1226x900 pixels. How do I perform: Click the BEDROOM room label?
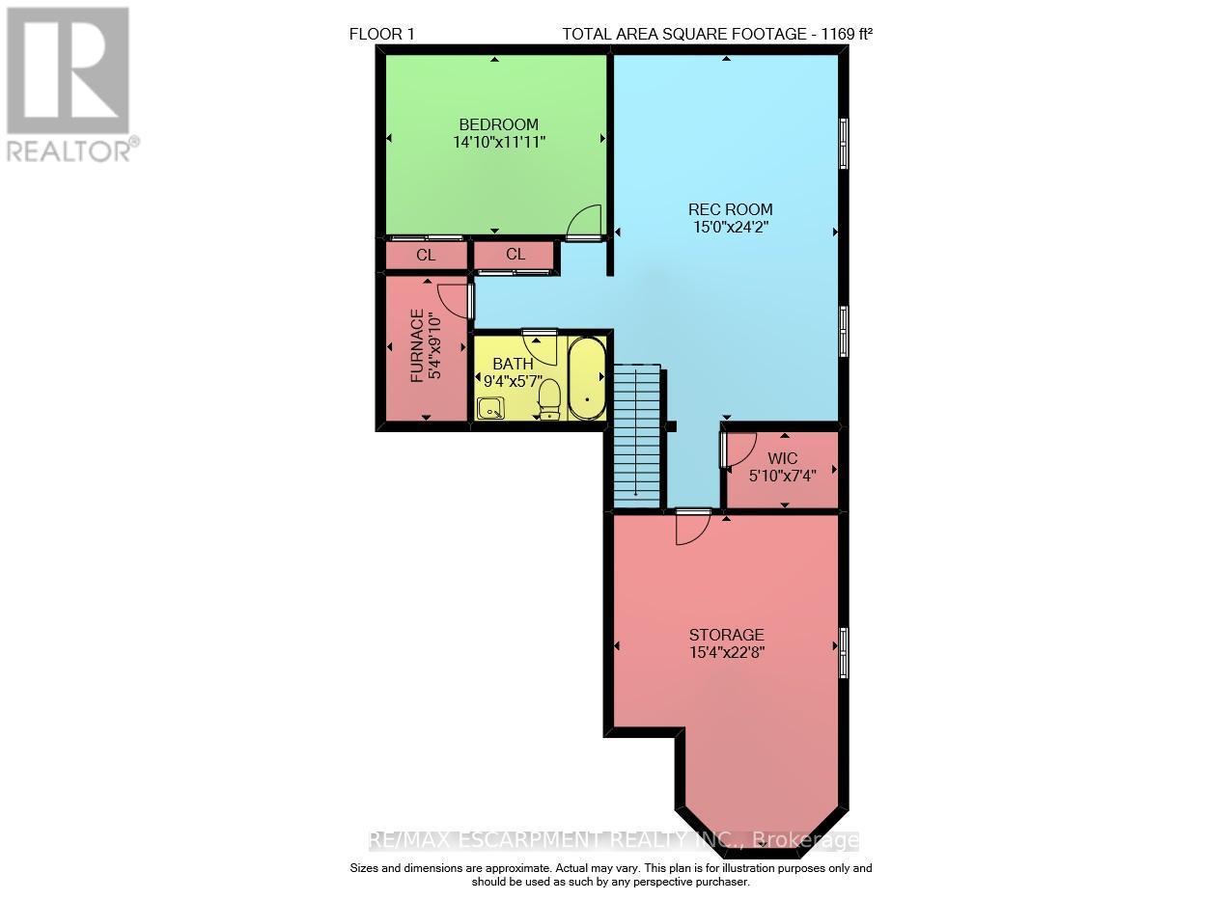coord(498,124)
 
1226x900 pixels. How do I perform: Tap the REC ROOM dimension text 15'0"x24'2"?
coord(730,228)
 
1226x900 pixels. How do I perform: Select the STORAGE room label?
coord(726,635)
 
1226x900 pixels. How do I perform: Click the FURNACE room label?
coord(417,346)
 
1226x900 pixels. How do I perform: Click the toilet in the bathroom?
coord(549,398)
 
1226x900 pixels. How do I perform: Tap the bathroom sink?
coord(490,408)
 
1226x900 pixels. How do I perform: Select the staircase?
coord(637,435)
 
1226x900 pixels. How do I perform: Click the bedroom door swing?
coord(585,223)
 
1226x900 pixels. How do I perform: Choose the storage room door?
coord(692,526)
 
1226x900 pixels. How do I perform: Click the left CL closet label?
coord(426,256)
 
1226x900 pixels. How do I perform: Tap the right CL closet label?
coord(515,255)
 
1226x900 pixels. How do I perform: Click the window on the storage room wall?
coord(844,652)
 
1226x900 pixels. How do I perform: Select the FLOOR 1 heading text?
coord(381,35)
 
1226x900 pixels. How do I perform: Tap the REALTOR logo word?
coord(70,150)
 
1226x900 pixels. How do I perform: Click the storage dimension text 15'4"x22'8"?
coord(726,652)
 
